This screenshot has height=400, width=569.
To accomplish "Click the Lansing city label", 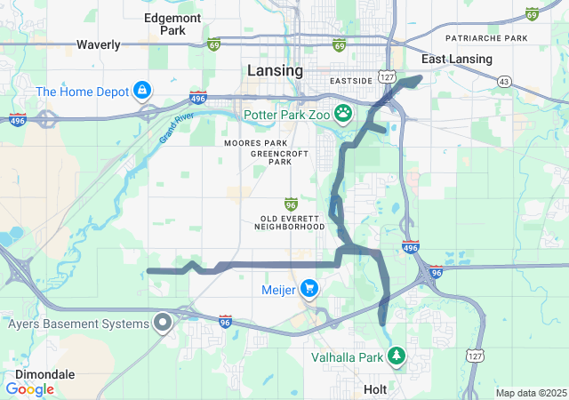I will coord(274,71).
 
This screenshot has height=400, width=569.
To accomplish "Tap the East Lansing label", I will coord(457,60).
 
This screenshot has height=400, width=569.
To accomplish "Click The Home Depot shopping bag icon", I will coord(141,91).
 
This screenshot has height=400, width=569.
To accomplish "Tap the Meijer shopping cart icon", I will coord(309,288).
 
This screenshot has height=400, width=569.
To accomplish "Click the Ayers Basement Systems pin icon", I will coord(163,324).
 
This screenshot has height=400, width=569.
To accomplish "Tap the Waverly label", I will coord(98,44).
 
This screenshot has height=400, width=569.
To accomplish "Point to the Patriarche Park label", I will coord(486,39).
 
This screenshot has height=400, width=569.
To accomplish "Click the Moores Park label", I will coord(256,143).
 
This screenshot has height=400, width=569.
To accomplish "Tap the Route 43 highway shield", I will coord(505,81).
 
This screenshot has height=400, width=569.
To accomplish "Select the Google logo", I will coord(30,389).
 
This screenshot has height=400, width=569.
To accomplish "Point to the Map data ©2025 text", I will coord(530,393).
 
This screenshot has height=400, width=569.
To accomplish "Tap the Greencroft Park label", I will coord(272,157).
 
